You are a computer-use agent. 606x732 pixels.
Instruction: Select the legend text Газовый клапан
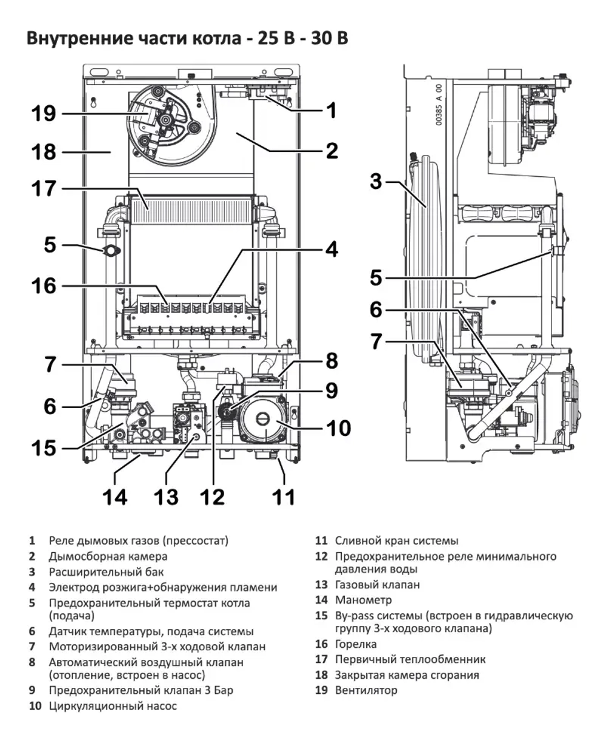377,585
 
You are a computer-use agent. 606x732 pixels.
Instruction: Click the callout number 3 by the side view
376,181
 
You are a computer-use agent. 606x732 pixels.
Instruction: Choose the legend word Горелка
356,644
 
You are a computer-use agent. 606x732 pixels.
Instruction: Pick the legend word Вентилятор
366,690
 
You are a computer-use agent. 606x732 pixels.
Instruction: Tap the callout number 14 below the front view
114,497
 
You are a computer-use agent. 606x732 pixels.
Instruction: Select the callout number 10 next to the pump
338,428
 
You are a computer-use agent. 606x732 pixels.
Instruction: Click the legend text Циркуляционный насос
113,706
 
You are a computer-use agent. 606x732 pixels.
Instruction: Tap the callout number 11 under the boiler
282,497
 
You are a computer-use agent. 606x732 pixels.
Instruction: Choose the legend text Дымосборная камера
108,556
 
